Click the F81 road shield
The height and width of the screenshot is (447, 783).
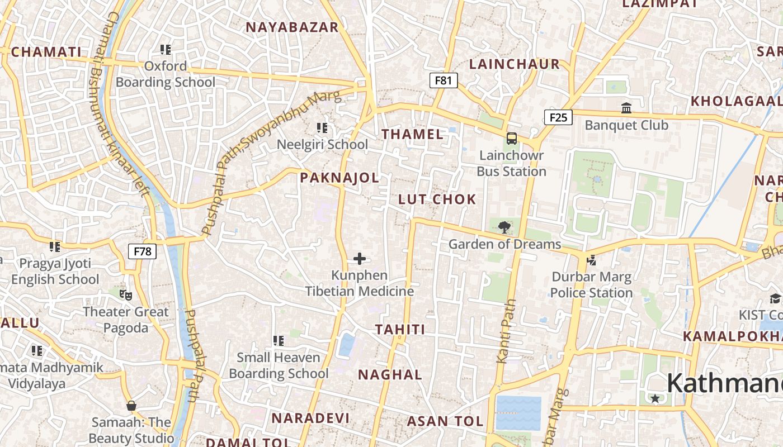point(443,80)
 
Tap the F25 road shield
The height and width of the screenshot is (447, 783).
point(558,117)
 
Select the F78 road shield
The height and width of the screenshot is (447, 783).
point(143,251)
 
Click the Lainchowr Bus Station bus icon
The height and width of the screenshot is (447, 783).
point(511,139)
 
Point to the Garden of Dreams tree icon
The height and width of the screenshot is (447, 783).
point(504,227)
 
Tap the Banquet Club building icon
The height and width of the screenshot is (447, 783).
point(626,108)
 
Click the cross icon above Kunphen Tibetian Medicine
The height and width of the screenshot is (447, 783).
point(360,259)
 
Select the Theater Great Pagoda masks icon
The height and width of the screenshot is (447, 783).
point(126,294)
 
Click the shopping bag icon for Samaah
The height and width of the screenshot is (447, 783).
point(131,405)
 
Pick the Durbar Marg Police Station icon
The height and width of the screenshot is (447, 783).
point(591,260)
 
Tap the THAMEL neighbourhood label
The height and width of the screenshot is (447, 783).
point(412,134)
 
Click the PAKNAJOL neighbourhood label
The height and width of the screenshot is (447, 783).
point(339,178)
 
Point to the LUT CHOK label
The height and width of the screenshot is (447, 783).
point(437,199)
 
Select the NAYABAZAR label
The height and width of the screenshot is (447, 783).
point(292,27)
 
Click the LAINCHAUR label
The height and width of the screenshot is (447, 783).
point(515,64)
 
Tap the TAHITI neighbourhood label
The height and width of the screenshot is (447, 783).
point(400,330)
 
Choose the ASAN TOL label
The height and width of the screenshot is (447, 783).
point(445,421)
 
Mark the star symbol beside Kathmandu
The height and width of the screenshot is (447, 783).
point(655,398)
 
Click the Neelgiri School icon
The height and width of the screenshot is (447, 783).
point(322,128)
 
